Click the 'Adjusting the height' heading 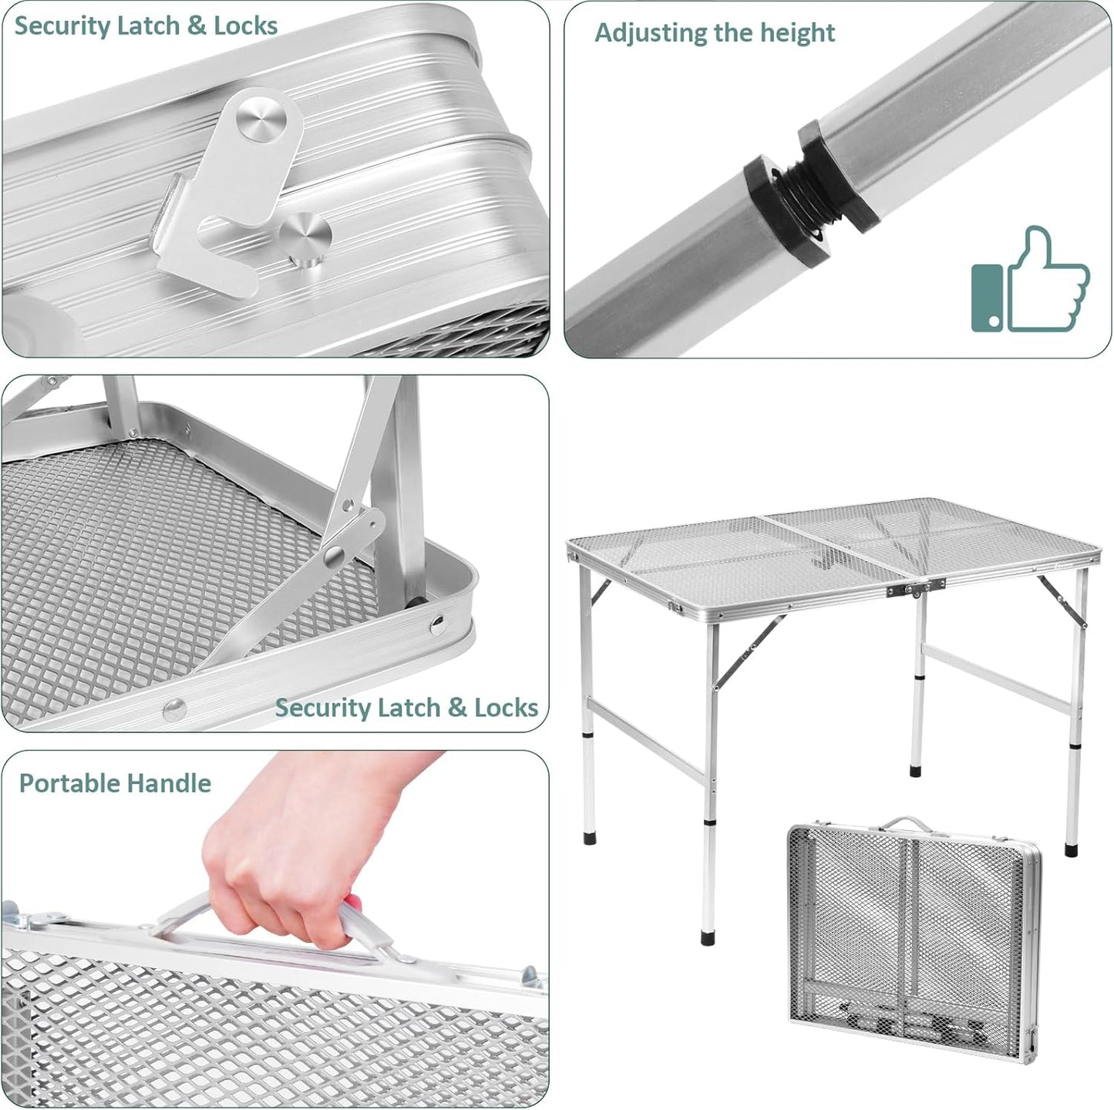[x=715, y=33]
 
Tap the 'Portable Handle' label [x=115, y=783]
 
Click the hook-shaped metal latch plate [x=223, y=200]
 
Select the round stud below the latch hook [x=305, y=240]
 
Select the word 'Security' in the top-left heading [x=62, y=25]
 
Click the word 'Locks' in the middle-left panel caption [x=506, y=708]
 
